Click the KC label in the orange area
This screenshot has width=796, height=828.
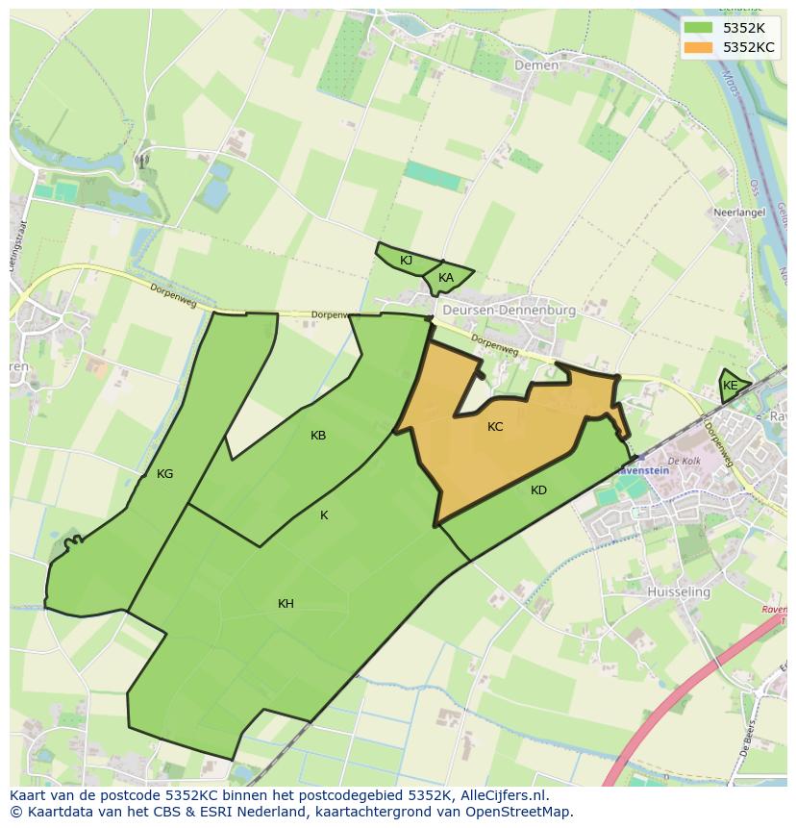click(x=495, y=426)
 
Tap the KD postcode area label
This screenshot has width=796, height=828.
click(x=538, y=490)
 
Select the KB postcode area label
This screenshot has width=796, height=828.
click(x=318, y=436)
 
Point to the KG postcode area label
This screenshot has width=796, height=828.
click(x=164, y=473)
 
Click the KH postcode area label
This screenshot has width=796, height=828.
click(x=286, y=604)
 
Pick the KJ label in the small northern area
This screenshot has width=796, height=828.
click(x=406, y=261)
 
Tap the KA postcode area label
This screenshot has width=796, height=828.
click(x=446, y=278)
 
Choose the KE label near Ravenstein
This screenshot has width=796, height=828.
click(x=731, y=386)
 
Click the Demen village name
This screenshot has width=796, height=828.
click(x=535, y=65)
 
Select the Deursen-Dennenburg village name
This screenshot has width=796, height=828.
click(x=509, y=311)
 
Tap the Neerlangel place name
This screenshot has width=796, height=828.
click(x=737, y=213)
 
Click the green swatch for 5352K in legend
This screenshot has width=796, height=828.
click(x=700, y=27)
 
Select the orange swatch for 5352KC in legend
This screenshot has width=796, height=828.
click(x=700, y=47)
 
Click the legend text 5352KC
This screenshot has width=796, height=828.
click(x=749, y=47)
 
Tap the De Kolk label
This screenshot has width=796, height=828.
click(x=684, y=462)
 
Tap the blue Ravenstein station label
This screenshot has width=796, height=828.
click(x=643, y=471)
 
